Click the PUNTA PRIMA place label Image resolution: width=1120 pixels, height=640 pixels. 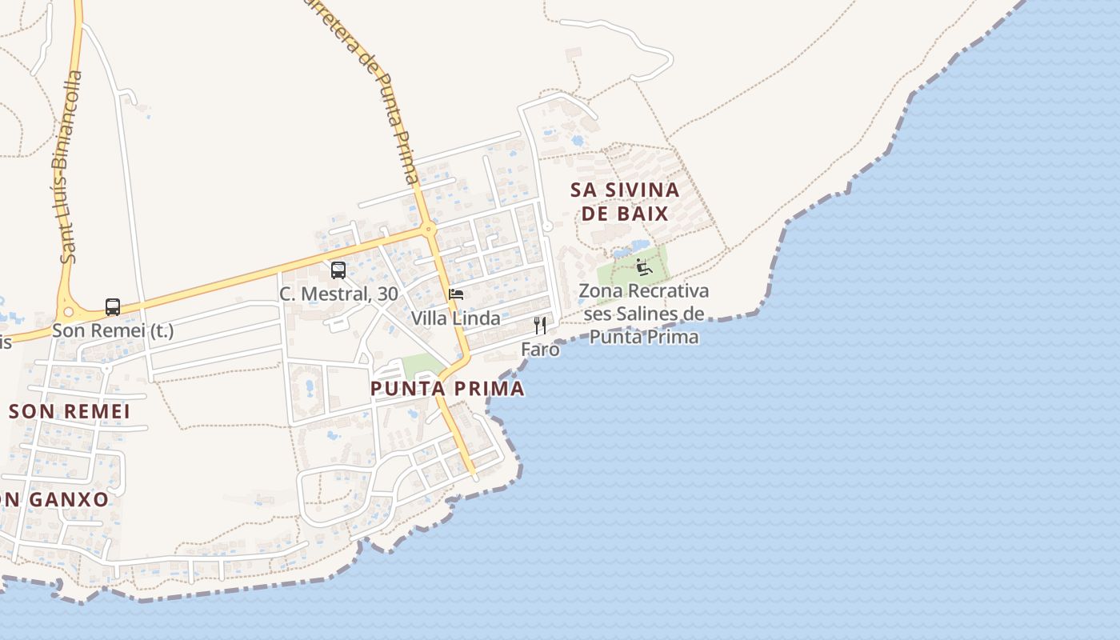pyautogui.click(x=447, y=389)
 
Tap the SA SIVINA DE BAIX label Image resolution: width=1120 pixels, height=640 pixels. pyautogui.click(x=625, y=202)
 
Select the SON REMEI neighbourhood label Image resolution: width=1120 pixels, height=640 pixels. pyautogui.click(x=69, y=411)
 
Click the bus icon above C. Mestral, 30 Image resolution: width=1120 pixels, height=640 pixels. pyautogui.click(x=338, y=270)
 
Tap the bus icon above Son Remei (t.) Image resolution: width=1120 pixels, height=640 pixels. pyautogui.click(x=113, y=307)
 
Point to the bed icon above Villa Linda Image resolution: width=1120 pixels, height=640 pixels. pyautogui.click(x=456, y=294)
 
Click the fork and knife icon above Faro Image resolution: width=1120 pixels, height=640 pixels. pyautogui.click(x=540, y=326)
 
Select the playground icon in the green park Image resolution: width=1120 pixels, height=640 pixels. pyautogui.click(x=644, y=266)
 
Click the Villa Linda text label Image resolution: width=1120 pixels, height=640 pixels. pyautogui.click(x=455, y=318)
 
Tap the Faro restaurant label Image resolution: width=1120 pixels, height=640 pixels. pyautogui.click(x=540, y=350)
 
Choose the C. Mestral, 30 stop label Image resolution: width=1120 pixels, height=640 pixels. pyautogui.click(x=338, y=294)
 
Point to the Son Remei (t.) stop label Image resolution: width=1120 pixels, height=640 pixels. pyautogui.click(x=113, y=330)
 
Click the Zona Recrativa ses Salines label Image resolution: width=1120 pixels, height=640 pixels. pyautogui.click(x=644, y=314)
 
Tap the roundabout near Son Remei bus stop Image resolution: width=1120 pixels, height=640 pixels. pyautogui.click(x=67, y=312)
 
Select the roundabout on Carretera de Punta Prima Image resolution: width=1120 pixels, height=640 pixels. pyautogui.click(x=430, y=229)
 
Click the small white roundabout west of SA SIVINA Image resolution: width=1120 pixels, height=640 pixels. pyautogui.click(x=547, y=227)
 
